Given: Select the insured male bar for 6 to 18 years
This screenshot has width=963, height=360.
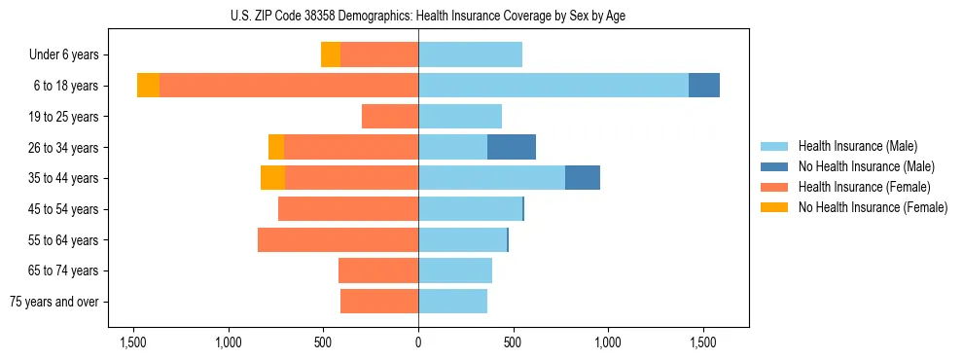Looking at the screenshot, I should pos(553,86).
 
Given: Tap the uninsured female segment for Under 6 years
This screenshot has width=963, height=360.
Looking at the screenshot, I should pos(331,54).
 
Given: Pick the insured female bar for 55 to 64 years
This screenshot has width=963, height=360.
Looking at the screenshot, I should pos(338,239).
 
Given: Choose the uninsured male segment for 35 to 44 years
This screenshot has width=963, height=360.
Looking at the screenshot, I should pos(583,178).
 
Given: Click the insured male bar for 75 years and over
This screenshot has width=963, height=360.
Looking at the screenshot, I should pos(452,302).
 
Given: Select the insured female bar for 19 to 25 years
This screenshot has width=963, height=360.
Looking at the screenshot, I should pos(390,117).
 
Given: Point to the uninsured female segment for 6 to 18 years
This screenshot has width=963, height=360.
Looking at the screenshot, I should pos(148,86).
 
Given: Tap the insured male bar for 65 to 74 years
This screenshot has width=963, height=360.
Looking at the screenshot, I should pos(455,270).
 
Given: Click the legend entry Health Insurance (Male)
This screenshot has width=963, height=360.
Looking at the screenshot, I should pos(857,146).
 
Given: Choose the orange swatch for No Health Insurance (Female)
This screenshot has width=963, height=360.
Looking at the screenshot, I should pos(774,207).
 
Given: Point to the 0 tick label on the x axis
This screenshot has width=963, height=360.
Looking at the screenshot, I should pos(418,343).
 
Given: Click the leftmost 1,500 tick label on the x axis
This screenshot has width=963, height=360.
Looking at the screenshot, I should pos(133,343).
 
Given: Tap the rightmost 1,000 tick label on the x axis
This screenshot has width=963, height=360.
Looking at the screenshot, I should pos(608,343).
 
